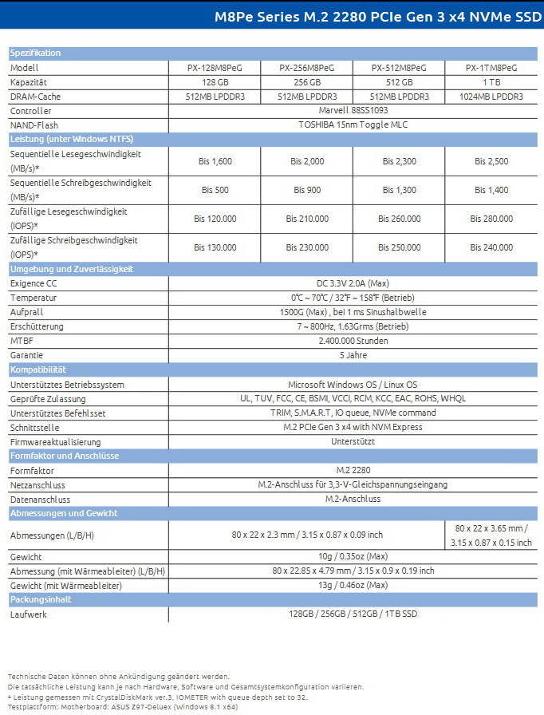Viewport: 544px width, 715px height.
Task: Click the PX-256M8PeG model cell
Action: point(307,68)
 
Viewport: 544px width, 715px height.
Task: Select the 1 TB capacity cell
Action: point(491,82)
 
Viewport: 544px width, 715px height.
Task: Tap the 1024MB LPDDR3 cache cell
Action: point(491,97)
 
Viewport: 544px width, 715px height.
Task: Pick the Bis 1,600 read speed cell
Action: point(215,161)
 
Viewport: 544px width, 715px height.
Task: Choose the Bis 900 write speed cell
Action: point(307,190)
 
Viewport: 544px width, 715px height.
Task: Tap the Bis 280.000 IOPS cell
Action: point(491,219)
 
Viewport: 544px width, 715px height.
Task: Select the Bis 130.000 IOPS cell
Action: point(215,247)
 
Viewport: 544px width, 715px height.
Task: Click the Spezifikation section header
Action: point(35,53)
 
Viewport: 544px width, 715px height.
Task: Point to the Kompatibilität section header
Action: point(38,370)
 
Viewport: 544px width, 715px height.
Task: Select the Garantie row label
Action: point(26,355)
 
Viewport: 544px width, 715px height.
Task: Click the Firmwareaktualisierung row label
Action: point(55,442)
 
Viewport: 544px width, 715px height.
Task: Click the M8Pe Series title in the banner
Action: point(378,15)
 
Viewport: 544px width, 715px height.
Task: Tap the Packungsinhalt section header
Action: point(41,599)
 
